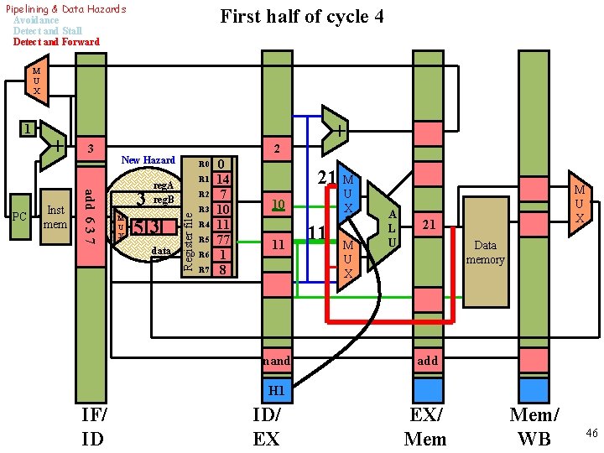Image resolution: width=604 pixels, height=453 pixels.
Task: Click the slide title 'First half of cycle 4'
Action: pos(301,16)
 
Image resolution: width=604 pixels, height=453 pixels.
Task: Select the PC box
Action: pos(20,216)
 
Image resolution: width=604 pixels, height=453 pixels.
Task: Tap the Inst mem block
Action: pos(56,216)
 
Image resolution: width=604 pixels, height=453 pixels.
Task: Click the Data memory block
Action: pos(485,252)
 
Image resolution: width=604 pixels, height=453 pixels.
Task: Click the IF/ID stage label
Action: pos(93,427)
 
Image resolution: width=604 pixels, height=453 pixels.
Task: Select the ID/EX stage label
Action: pos(266,427)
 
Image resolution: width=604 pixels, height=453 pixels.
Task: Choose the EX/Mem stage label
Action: pos(425,427)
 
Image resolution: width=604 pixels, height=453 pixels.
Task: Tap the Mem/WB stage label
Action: pos(534,427)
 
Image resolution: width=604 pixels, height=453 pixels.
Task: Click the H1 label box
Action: pos(276,390)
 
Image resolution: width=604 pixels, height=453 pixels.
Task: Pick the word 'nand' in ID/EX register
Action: pos(276,361)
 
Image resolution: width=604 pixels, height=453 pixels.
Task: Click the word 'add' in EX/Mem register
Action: pos(427,361)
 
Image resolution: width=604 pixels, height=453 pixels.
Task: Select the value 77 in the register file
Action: pos(222,240)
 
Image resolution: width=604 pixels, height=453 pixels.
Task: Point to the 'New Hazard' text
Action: pos(148,159)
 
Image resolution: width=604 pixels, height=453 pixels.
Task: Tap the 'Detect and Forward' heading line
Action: pos(56,42)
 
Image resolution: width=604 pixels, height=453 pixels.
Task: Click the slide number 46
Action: pos(591,433)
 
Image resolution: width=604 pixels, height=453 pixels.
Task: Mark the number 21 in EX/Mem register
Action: pos(428,225)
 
